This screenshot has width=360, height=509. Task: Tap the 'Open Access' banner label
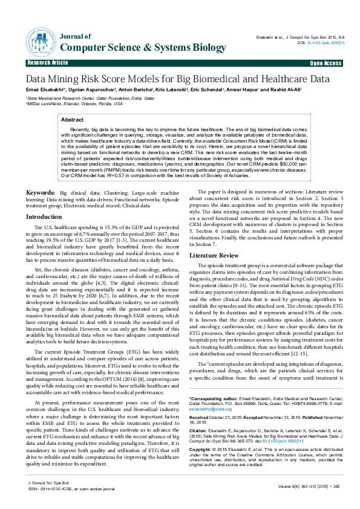pyautogui.click(x=326, y=63)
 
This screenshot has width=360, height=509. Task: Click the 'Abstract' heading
pyautogui.click(x=73, y=120)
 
